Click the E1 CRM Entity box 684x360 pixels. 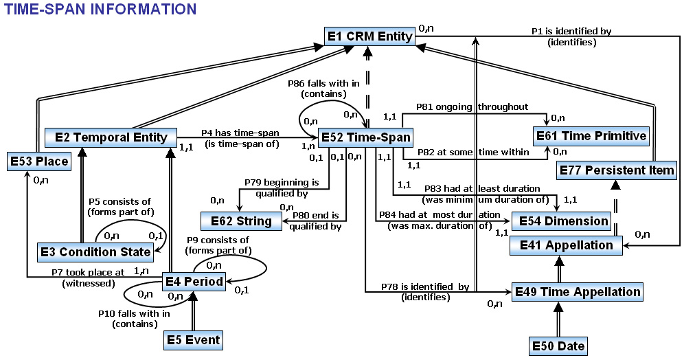(369, 36)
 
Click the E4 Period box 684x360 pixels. (194, 281)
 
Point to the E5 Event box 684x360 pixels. (194, 339)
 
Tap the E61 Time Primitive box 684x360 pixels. (591, 136)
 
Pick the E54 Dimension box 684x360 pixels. (563, 221)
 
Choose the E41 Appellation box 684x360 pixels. (566, 245)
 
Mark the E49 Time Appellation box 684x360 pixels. (578, 291)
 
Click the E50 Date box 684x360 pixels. (559, 346)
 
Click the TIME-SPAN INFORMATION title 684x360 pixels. (101, 9)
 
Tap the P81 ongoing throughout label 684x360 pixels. (472, 106)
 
